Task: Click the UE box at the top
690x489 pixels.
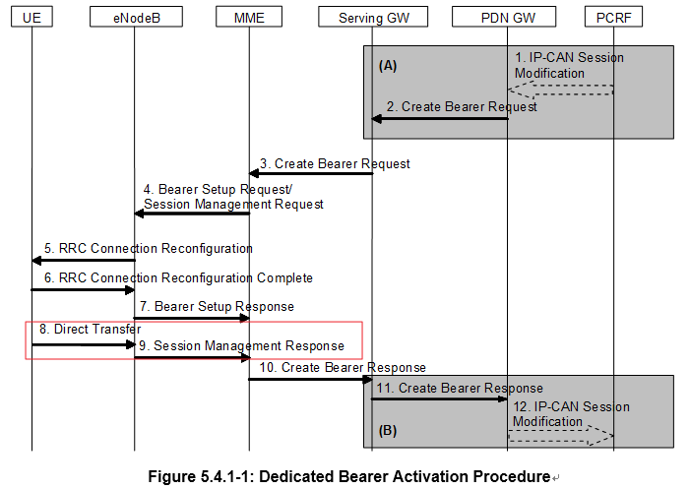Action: (31, 18)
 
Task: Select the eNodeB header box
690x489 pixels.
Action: (134, 18)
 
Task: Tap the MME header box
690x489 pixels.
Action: (248, 18)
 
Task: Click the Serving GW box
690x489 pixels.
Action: (371, 18)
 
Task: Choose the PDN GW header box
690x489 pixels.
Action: (508, 18)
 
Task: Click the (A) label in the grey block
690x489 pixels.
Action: (389, 67)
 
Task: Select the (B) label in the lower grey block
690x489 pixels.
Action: (389, 430)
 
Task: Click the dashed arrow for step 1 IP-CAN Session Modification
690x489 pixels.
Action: (561, 91)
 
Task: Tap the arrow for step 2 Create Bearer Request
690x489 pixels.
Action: (439, 119)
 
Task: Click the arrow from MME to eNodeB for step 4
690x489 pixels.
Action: (191, 214)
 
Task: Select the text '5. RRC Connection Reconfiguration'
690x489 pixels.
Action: (148, 249)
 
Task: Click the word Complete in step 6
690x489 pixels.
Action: (277, 278)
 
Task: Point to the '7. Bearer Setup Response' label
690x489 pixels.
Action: (216, 306)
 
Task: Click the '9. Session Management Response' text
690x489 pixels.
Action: (241, 345)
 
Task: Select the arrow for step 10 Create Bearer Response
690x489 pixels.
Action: (310, 379)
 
